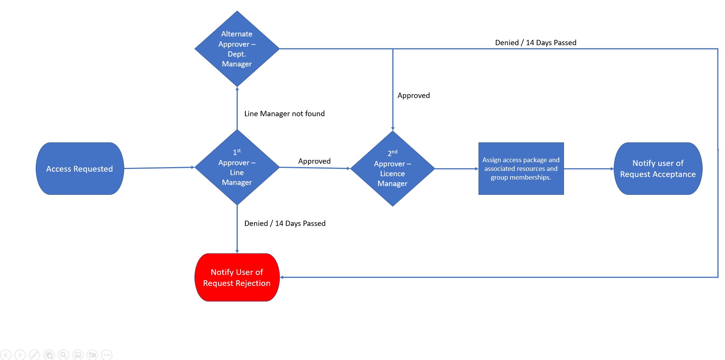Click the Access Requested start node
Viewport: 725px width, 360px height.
80,169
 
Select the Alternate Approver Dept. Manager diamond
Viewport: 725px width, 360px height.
237,49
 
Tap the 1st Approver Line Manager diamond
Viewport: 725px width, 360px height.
237,167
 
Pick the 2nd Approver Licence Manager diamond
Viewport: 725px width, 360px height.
392,169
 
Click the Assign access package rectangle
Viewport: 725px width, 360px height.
521,169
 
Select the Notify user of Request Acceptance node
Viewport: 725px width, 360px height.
657,169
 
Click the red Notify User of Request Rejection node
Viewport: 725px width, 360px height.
237,277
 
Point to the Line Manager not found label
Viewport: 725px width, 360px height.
284,114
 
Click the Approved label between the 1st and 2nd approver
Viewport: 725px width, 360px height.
314,161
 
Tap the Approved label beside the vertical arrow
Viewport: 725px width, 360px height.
413,95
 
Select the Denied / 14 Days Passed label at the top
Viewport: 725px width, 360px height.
535,43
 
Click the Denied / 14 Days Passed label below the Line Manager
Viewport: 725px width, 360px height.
284,223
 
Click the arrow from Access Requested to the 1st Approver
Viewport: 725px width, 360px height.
160,167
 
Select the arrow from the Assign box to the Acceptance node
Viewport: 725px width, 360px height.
589,169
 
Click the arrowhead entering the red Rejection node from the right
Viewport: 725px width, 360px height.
282,277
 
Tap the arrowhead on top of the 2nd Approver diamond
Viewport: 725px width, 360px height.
393,129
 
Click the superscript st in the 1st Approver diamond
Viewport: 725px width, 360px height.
239,150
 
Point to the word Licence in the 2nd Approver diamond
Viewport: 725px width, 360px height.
392,174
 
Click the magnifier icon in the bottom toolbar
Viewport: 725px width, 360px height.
63,355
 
